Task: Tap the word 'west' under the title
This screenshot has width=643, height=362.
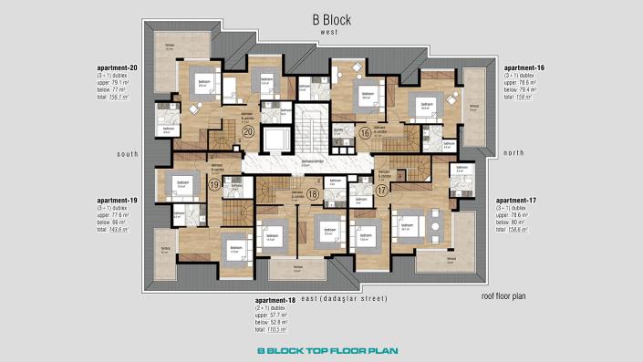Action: click(x=329, y=31)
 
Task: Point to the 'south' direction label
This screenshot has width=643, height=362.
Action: click(x=127, y=154)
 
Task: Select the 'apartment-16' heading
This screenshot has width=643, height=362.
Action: click(x=524, y=68)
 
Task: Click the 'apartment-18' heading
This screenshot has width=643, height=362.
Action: click(x=276, y=298)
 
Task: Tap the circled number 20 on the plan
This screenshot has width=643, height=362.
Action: click(x=248, y=131)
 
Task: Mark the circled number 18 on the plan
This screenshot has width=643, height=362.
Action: click(x=312, y=193)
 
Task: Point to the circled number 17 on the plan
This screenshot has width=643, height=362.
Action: click(x=381, y=190)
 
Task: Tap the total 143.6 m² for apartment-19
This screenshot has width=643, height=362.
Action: click(x=113, y=231)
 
